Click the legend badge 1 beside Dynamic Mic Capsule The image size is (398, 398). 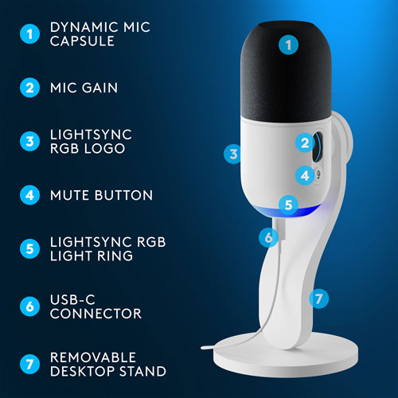point(29,34)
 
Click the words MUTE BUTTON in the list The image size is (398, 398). point(101,195)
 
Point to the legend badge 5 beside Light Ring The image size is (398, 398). point(29,248)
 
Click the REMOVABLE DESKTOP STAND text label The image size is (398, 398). point(107,364)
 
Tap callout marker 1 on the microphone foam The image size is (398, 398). point(288,45)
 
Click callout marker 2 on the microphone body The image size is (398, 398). point(304,143)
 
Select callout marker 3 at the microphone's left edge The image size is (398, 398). point(232,154)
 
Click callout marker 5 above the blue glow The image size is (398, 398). point(288,204)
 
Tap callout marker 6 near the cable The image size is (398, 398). point(268,236)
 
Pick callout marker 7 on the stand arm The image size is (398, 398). point(318,298)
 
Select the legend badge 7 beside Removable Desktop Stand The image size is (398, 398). point(29,364)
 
